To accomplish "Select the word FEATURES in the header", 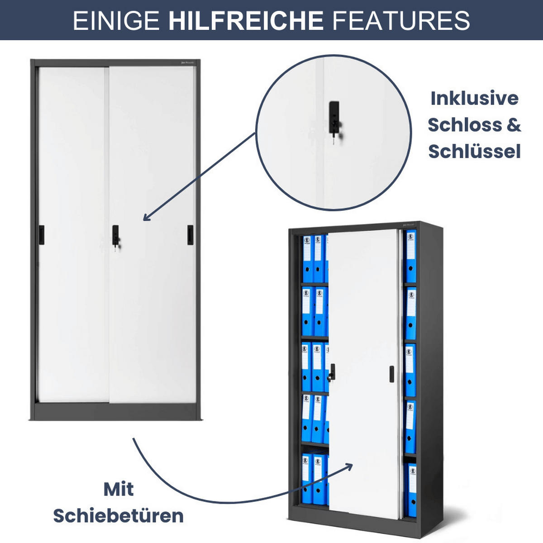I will click(401, 20).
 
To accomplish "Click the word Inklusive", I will click(474, 98).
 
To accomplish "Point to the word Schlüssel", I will click(474, 152).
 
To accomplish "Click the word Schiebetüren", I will click(119, 516).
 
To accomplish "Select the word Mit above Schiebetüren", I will click(119, 489).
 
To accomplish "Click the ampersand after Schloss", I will click(514, 125).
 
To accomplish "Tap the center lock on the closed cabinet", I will click(116, 235).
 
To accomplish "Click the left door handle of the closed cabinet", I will click(42, 235).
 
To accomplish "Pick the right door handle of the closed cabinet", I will click(191, 235).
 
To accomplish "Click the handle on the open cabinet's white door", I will click(391, 374).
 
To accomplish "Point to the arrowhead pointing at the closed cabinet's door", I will click(146, 218).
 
